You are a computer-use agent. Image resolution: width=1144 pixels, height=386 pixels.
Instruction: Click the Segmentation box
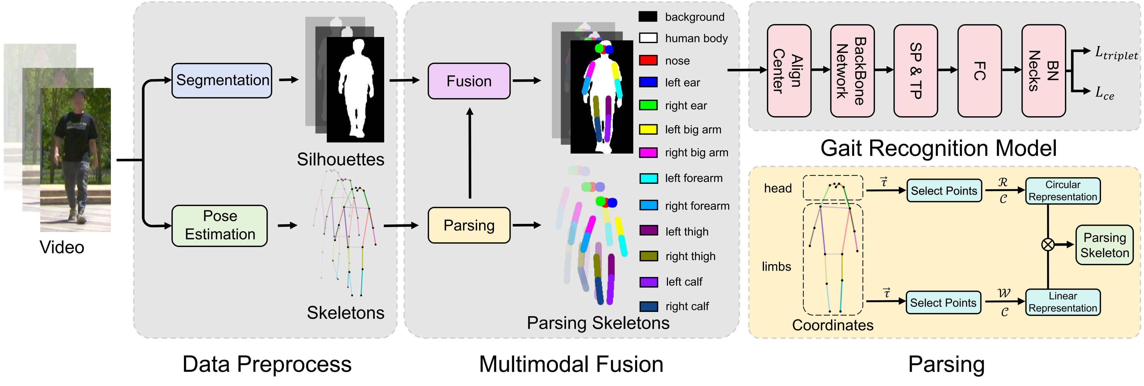pyautogui.click(x=222, y=80)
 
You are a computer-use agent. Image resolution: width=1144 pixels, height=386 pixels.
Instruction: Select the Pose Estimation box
pyautogui.click(x=219, y=225)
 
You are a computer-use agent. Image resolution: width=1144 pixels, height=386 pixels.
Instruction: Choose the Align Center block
pyautogui.click(x=789, y=71)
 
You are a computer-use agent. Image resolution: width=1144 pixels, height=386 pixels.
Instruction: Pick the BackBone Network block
pyautogui.click(x=852, y=71)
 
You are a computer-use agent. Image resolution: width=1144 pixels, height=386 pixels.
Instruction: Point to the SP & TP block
pyautogui.click(x=915, y=71)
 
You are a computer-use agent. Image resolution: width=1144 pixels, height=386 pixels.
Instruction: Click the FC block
pyautogui.click(x=979, y=71)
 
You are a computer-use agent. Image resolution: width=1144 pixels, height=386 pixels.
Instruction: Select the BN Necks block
pyautogui.click(x=1043, y=71)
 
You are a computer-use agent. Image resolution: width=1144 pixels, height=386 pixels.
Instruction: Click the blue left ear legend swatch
pyautogui.click(x=648, y=82)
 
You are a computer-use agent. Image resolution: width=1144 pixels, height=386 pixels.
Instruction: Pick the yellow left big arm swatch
pyautogui.click(x=648, y=129)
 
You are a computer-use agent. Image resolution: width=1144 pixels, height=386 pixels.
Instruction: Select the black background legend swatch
pyautogui.click(x=648, y=16)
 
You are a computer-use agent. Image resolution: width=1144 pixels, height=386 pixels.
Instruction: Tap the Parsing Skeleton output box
pyautogui.click(x=1104, y=245)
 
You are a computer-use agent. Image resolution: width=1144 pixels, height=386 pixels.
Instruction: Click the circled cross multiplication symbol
pyautogui.click(x=1048, y=244)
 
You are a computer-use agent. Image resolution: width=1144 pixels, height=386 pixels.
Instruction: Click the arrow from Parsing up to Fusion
pyautogui.click(x=469, y=153)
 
